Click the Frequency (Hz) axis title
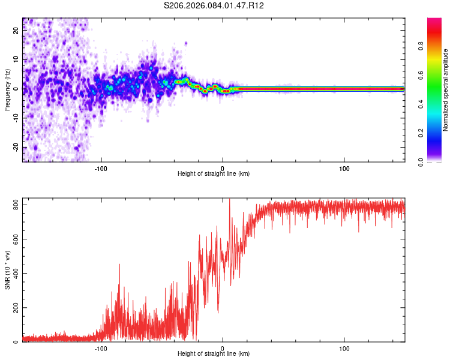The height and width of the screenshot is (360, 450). [x=7, y=90]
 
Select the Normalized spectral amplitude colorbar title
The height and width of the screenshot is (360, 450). [x=445, y=90]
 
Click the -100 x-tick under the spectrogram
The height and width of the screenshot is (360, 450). [x=100, y=168]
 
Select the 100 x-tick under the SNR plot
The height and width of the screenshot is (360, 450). [x=344, y=349]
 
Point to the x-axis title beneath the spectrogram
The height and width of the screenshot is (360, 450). [x=214, y=174]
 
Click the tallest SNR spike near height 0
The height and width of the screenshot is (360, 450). [x=229, y=200]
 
